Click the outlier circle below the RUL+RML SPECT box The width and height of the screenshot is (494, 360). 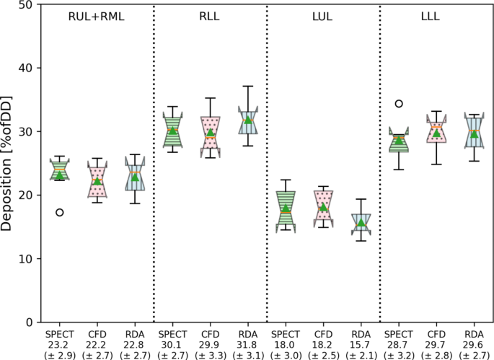pyautogui.click(x=60, y=212)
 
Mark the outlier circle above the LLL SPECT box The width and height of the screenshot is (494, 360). pyautogui.click(x=399, y=103)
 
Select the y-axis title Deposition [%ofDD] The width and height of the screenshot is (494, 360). pyautogui.click(x=8, y=163)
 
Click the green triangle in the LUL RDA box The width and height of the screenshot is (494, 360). pyautogui.click(x=361, y=222)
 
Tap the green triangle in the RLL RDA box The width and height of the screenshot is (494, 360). pyautogui.click(x=248, y=120)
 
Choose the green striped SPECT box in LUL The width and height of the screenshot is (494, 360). pyautogui.click(x=286, y=211)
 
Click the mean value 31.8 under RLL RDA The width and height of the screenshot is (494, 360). pyautogui.click(x=248, y=345)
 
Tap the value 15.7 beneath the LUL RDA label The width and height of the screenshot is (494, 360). pyautogui.click(x=361, y=345)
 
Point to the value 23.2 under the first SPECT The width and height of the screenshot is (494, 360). pyautogui.click(x=60, y=345)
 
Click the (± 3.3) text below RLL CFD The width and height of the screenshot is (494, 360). pyautogui.click(x=211, y=354)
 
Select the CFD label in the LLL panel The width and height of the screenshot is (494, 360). pyautogui.click(x=436, y=335)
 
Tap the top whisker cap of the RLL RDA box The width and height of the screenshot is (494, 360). pyautogui.click(x=248, y=86)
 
